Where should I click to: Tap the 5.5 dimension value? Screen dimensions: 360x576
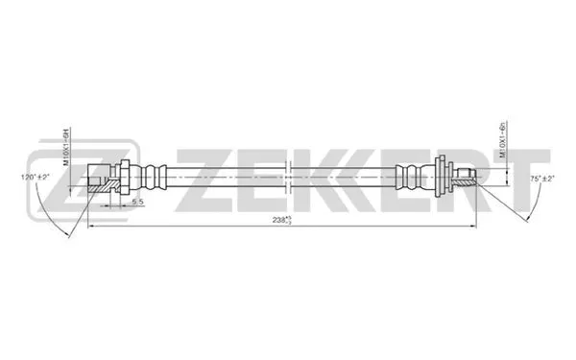(136, 203)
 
